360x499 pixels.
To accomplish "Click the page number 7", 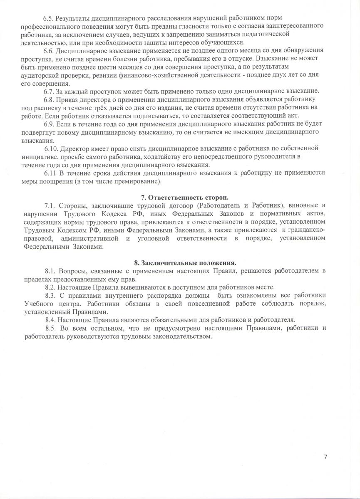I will tap(325, 457).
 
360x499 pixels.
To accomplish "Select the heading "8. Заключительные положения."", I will tap(185, 263).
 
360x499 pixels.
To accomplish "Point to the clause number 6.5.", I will tap(49, 19).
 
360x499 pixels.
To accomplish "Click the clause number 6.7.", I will tap(49, 91).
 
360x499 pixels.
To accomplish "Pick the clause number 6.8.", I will tap(49, 100).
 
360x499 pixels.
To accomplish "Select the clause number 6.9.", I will tap(49, 124).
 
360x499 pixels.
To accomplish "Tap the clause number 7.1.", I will tap(50, 205).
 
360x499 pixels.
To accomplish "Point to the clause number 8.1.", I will tap(51, 271).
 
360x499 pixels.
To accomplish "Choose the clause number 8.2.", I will tap(51, 287).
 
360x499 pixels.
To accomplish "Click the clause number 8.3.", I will tap(51, 296).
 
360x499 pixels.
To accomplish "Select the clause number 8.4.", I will tap(51, 320).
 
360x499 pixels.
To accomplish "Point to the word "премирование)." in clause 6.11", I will tap(139, 181).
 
